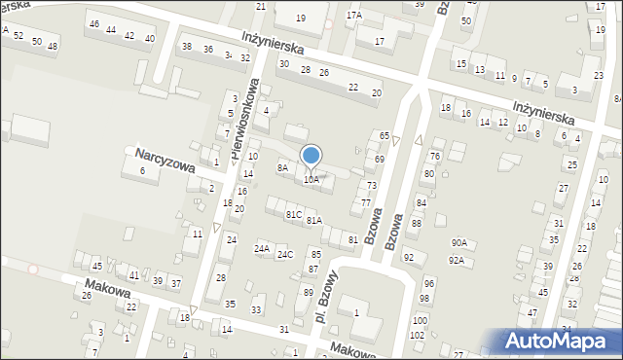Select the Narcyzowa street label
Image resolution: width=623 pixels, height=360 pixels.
coord(165,160)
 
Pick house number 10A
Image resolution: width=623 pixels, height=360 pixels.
coord(311,180)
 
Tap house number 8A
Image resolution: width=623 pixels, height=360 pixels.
coord(282,168)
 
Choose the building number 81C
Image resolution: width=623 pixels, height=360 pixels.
coord(294,214)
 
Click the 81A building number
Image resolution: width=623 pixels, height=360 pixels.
coord(313,221)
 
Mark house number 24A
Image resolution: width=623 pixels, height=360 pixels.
coord(262,249)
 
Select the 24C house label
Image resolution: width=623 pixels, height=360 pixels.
coord(284,255)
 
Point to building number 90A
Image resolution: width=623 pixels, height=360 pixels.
coord(458,243)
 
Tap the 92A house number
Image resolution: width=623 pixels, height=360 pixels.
coord(456,261)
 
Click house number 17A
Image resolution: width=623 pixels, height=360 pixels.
coord(353,17)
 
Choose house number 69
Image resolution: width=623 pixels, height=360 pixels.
coord(379,159)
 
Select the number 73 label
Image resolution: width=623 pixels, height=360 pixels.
coord(371,185)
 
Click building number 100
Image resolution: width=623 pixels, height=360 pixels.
coord(419,320)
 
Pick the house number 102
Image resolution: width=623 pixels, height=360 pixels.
coord(417,335)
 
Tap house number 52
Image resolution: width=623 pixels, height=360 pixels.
coord(18,36)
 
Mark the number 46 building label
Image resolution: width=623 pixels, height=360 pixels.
coord(93,24)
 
